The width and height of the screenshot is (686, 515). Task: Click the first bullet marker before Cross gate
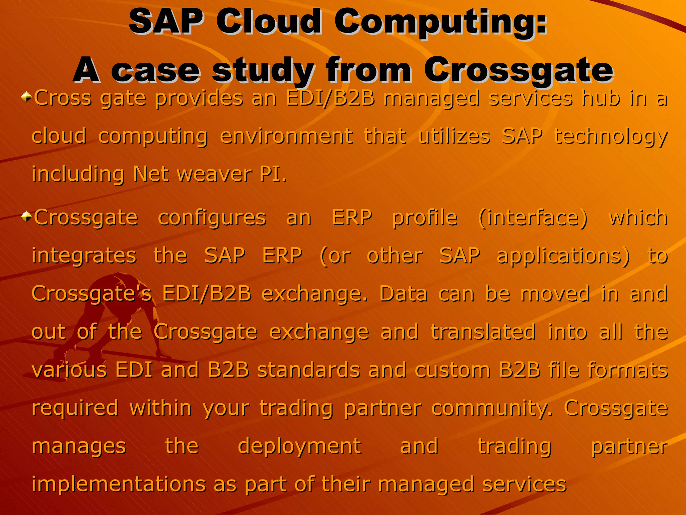tap(26, 98)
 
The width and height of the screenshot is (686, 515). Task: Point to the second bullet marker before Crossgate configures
tap(26, 217)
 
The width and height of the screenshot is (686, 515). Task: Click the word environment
tap(286, 136)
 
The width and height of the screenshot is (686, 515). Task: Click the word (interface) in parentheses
tap(533, 218)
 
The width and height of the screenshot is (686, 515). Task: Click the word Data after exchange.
tap(403, 294)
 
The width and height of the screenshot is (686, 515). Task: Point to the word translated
tap(483, 332)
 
